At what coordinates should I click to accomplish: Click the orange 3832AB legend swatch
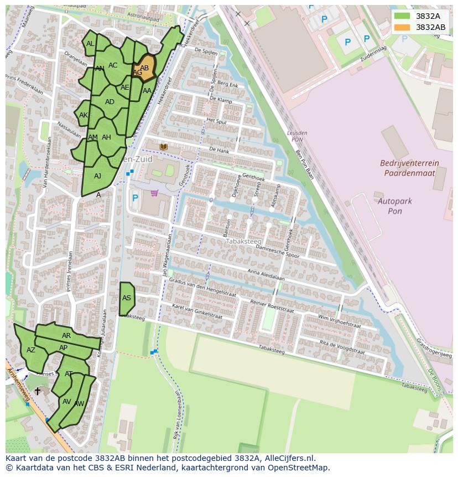402,27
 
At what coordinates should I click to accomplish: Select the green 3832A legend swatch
402,16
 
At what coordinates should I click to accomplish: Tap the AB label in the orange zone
144,68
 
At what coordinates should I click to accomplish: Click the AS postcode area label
127,298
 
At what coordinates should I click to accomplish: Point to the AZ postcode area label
31,350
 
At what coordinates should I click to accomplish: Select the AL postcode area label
90,44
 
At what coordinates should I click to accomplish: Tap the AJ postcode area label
98,176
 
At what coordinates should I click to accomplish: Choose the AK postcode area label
84,115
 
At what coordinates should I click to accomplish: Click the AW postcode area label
79,404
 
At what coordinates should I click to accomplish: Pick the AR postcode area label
66,336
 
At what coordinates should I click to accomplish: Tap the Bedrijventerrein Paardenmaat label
409,168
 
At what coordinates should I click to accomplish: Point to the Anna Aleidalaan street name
266,275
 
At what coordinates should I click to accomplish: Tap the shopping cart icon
154,193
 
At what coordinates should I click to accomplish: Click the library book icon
163,146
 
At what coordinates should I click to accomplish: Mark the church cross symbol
38,391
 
